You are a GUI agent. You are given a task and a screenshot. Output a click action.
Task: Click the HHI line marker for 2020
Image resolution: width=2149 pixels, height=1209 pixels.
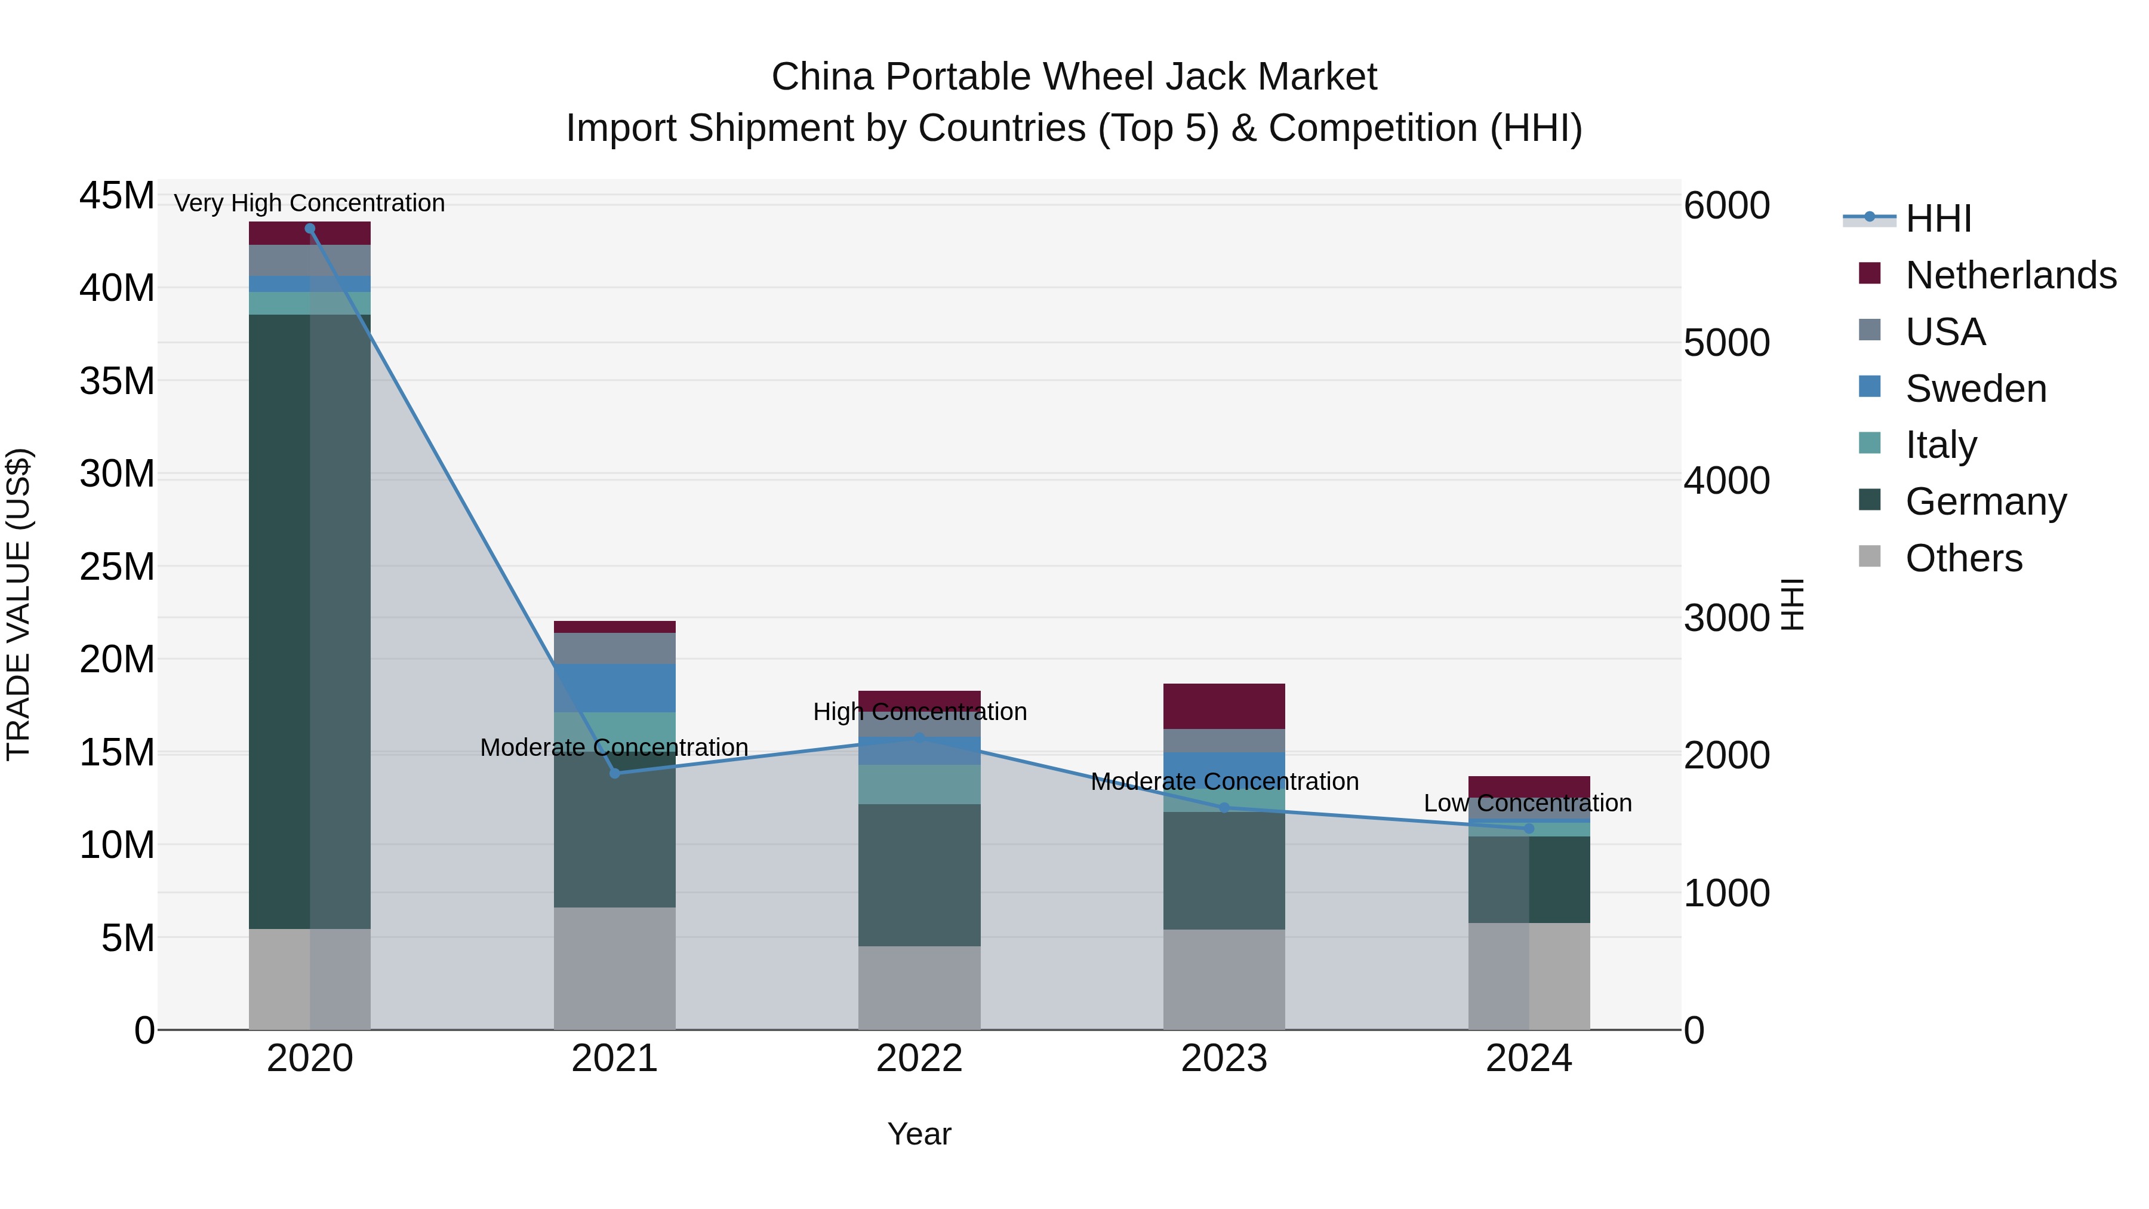point(309,229)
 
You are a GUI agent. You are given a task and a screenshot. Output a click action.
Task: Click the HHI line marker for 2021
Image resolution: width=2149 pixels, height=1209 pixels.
point(615,773)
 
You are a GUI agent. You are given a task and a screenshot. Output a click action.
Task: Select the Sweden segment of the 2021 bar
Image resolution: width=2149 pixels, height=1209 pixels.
point(615,688)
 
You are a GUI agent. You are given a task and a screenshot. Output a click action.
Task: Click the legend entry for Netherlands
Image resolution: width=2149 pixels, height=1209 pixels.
point(2011,275)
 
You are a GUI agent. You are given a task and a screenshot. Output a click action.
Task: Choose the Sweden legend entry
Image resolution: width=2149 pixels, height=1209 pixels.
point(1975,389)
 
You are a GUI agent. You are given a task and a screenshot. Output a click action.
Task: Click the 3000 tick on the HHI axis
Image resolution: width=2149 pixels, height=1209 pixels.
point(1726,619)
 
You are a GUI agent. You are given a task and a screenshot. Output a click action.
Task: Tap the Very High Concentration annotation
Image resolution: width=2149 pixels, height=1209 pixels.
point(309,204)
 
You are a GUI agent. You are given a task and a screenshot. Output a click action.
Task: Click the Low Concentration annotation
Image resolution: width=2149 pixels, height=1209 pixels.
point(1528,804)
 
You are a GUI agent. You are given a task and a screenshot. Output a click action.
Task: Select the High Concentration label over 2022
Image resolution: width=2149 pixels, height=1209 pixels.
point(919,712)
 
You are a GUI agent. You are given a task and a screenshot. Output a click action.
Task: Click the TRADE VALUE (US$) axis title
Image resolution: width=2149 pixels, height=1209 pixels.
point(19,604)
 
